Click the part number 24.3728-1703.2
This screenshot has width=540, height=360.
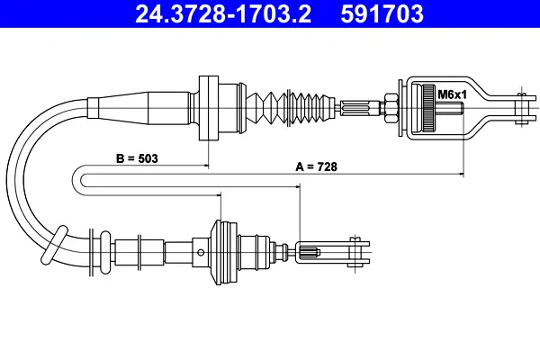223,13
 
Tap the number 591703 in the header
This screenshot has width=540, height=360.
382,13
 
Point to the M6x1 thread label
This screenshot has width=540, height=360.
452,94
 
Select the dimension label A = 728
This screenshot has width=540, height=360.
316,166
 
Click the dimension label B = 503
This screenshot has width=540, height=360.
137,158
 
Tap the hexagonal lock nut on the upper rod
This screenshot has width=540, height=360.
390,108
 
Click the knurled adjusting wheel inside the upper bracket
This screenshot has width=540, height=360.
428,108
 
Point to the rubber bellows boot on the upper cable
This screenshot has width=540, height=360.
291,108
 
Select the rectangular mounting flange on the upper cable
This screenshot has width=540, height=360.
209,108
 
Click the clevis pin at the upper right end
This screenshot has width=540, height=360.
522,108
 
